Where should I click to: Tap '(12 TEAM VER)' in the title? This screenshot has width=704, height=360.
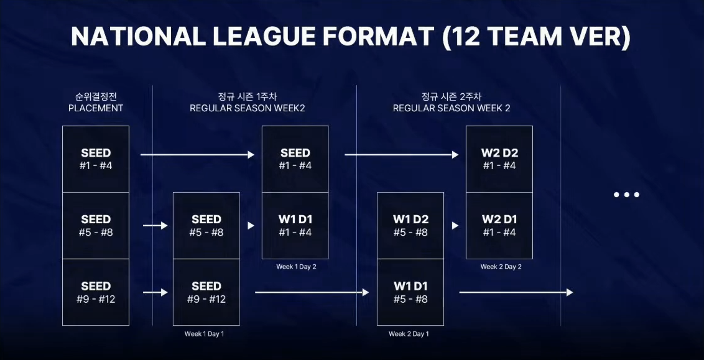tap(535, 37)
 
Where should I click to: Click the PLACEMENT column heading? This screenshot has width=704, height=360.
tap(96, 108)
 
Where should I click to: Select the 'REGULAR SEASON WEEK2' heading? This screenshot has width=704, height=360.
tap(247, 108)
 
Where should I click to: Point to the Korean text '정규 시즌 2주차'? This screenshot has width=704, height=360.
tap(452, 96)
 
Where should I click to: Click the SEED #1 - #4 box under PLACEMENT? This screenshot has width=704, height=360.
tap(96, 159)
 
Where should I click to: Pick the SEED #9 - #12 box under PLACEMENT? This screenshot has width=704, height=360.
tap(96, 292)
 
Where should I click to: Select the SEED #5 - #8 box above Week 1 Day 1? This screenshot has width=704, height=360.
tap(206, 226)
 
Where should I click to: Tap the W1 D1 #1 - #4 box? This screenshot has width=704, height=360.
tap(295, 226)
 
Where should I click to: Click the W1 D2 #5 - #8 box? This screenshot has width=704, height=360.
tap(410, 226)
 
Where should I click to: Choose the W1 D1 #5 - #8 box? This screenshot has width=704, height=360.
tap(410, 292)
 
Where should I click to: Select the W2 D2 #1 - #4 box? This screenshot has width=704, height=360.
tap(499, 159)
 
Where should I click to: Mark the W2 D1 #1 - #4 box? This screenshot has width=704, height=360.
tap(499, 226)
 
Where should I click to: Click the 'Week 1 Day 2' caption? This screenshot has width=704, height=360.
tap(297, 267)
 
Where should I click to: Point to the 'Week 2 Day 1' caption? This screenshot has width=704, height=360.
tap(409, 334)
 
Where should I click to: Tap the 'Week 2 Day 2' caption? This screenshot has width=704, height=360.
tap(501, 267)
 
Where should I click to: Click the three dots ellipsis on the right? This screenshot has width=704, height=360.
tap(626, 195)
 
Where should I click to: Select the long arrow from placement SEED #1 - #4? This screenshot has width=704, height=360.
tap(197, 154)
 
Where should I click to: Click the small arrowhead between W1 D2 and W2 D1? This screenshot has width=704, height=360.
tap(455, 226)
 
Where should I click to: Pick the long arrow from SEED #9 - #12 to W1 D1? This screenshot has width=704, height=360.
tap(312, 292)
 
